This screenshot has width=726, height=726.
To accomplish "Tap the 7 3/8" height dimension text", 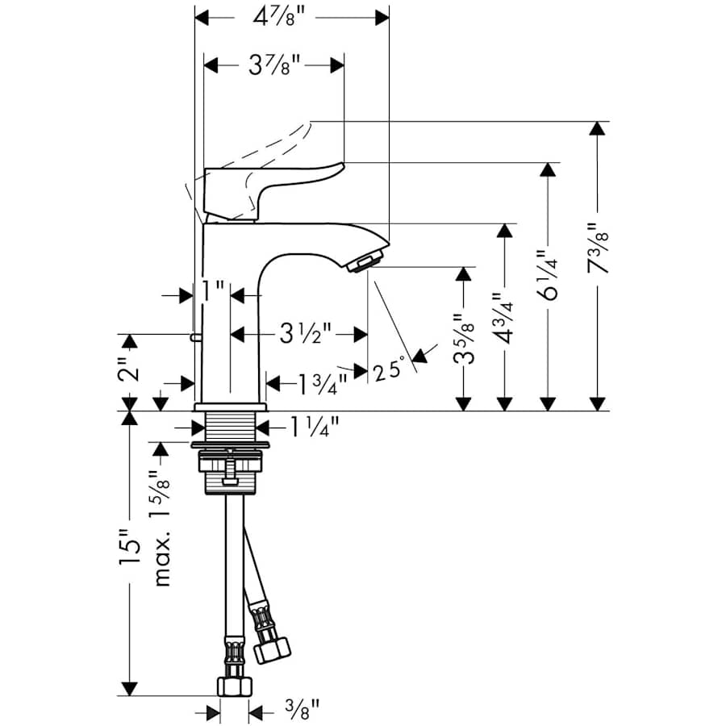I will [598, 250].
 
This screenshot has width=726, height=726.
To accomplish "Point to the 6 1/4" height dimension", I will [550, 277].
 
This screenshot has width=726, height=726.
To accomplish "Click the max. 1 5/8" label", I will [161, 528].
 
